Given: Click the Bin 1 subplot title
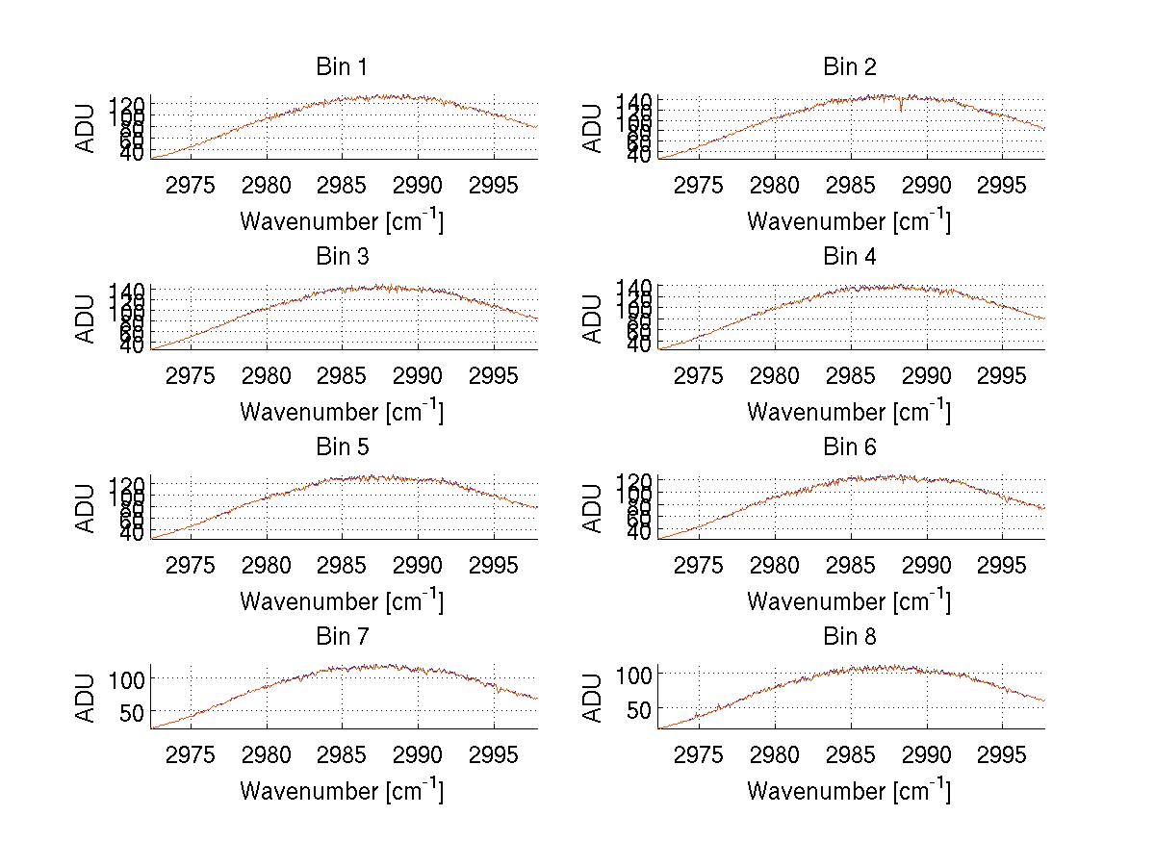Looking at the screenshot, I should point(342,67).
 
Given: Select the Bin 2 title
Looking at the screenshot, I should point(849,67).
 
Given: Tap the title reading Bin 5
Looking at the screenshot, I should point(342,447).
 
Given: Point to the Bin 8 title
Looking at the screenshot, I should point(849,637).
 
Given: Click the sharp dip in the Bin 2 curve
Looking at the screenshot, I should point(901,107).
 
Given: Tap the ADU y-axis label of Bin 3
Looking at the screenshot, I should point(88,319).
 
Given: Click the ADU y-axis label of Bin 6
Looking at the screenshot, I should point(595,508).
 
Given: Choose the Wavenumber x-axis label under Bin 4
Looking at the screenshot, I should point(849,412).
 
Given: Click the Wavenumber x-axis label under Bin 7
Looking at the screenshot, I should point(342,791).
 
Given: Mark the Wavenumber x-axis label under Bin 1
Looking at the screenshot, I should point(342,221).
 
